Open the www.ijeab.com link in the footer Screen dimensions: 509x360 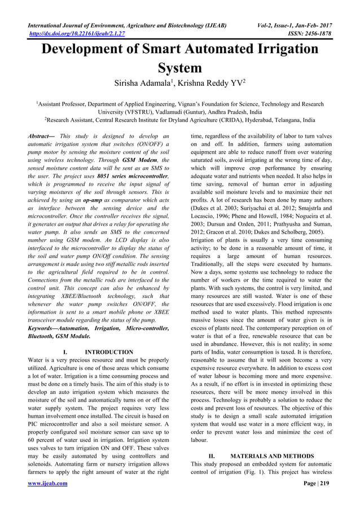(47, 484)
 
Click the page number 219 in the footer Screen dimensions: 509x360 (324, 484)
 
